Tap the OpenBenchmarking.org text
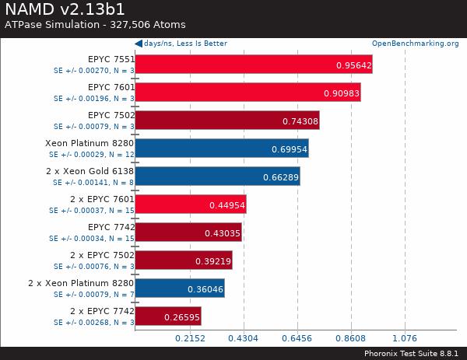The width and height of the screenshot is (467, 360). click(x=415, y=44)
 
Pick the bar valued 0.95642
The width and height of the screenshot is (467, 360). click(x=254, y=65)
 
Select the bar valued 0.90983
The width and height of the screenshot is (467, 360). click(x=248, y=93)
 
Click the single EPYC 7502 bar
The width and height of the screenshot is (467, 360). click(x=227, y=121)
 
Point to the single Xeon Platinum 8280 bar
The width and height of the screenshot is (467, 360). click(x=222, y=149)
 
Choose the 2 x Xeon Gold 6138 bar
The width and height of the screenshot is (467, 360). click(x=217, y=177)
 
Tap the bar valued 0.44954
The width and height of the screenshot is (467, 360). click(x=191, y=204)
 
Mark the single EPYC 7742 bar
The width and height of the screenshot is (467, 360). click(x=188, y=232)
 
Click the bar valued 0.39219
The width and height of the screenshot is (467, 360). click(x=184, y=260)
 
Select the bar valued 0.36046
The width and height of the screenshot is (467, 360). click(x=180, y=288)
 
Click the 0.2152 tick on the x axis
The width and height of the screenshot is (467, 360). click(x=189, y=339)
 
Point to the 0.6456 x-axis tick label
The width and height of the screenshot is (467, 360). click(x=297, y=339)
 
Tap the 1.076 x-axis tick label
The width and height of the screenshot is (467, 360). click(x=404, y=339)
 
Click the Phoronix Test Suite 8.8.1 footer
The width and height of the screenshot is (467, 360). click(x=412, y=353)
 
